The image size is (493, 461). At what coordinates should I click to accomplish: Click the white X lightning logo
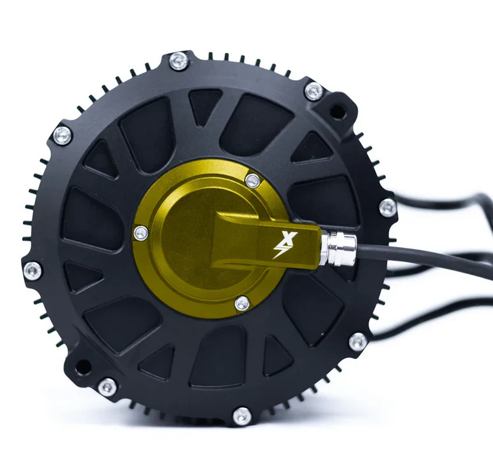click(x=280, y=245)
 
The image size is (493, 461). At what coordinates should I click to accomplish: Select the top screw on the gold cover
click(x=252, y=180)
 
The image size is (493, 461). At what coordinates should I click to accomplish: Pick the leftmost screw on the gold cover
click(x=141, y=234)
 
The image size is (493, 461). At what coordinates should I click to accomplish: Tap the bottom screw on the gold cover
click(x=242, y=304)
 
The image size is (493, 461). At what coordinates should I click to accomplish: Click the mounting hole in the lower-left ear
click(x=82, y=367)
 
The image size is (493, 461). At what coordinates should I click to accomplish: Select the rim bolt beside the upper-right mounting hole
click(x=313, y=91)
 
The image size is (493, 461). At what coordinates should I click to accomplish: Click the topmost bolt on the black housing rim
click(x=180, y=61)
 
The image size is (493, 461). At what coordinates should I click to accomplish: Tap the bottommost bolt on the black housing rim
click(x=242, y=416)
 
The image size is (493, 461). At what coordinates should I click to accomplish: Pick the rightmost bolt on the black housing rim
click(x=387, y=208)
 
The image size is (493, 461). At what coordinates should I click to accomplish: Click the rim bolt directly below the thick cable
click(x=358, y=342)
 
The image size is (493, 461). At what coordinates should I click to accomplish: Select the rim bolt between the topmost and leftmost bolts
click(x=62, y=135)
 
